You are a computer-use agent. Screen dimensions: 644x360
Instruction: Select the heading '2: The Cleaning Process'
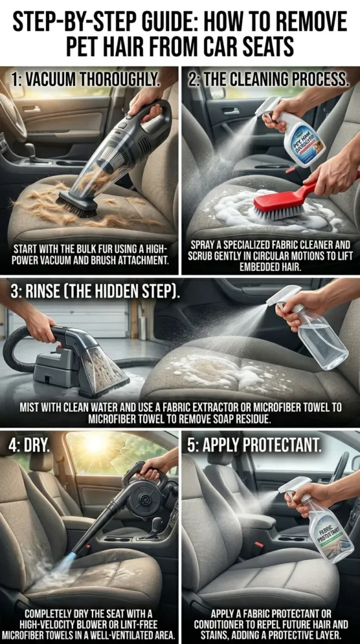[x=267, y=79]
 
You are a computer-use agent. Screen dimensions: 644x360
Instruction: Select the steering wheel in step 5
[x=338, y=465]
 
